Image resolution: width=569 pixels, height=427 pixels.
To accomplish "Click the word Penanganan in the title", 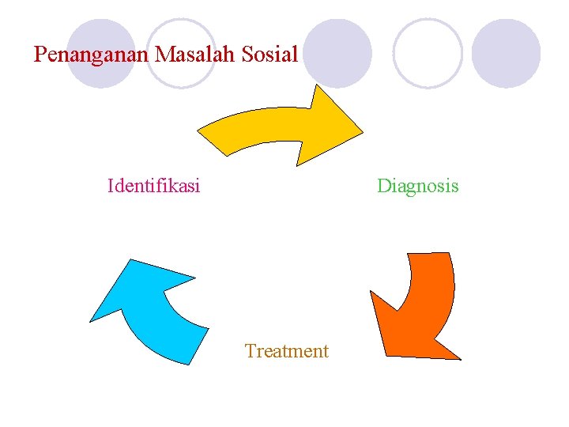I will tap(92, 55).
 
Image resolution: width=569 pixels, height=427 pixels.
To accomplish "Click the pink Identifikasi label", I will tap(154, 186).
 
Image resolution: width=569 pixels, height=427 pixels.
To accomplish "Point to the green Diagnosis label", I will tap(417, 186).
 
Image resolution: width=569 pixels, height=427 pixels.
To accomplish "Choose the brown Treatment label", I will tap(286, 351).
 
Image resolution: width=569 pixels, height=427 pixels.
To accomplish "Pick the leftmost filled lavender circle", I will tap(100, 52).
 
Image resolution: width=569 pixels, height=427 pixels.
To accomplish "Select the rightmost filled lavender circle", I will tap(506, 53).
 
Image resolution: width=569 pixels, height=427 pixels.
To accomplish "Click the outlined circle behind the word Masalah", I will tap(181, 52).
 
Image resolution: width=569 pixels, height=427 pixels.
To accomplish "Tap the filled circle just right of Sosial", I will tap(337, 53).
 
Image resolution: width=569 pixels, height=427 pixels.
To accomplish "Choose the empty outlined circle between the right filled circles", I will tap(428, 53).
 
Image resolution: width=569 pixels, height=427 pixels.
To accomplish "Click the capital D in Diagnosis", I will tap(383, 186).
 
